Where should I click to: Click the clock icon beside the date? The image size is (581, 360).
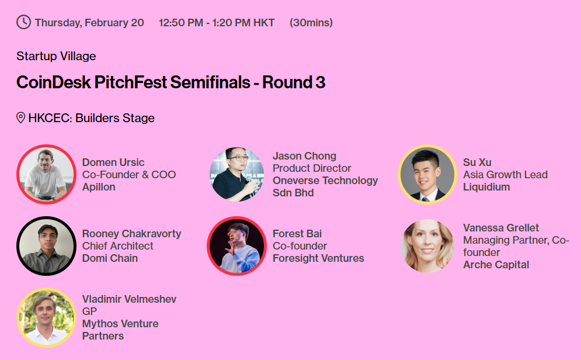tap(24, 22)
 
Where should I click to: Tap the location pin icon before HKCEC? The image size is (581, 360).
tap(21, 118)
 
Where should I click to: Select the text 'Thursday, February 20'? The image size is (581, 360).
tap(89, 23)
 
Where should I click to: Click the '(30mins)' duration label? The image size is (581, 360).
tap(311, 23)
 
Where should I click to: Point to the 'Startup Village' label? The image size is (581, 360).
tap(56, 56)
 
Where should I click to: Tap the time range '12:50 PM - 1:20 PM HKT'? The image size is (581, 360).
tap(217, 23)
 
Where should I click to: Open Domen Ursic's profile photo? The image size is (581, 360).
tap(46, 174)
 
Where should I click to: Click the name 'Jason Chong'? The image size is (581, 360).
tap(304, 156)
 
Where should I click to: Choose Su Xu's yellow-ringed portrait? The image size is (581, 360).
tap(427, 174)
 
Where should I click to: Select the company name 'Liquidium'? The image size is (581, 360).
tap(486, 187)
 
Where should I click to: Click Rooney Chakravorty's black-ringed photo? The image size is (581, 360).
tap(46, 246)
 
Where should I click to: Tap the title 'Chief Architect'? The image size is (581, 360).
tap(118, 246)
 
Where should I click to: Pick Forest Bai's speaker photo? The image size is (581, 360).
tap(236, 246)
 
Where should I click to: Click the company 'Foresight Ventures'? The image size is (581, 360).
tap(318, 258)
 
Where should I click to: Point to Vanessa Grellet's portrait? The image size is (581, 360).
tap(427, 246)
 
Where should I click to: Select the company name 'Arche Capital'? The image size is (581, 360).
tap(496, 265)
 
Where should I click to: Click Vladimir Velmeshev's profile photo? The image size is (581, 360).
tap(46, 317)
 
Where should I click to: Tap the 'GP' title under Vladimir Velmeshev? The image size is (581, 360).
tap(89, 311)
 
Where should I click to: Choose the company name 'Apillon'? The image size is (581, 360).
tap(99, 187)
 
